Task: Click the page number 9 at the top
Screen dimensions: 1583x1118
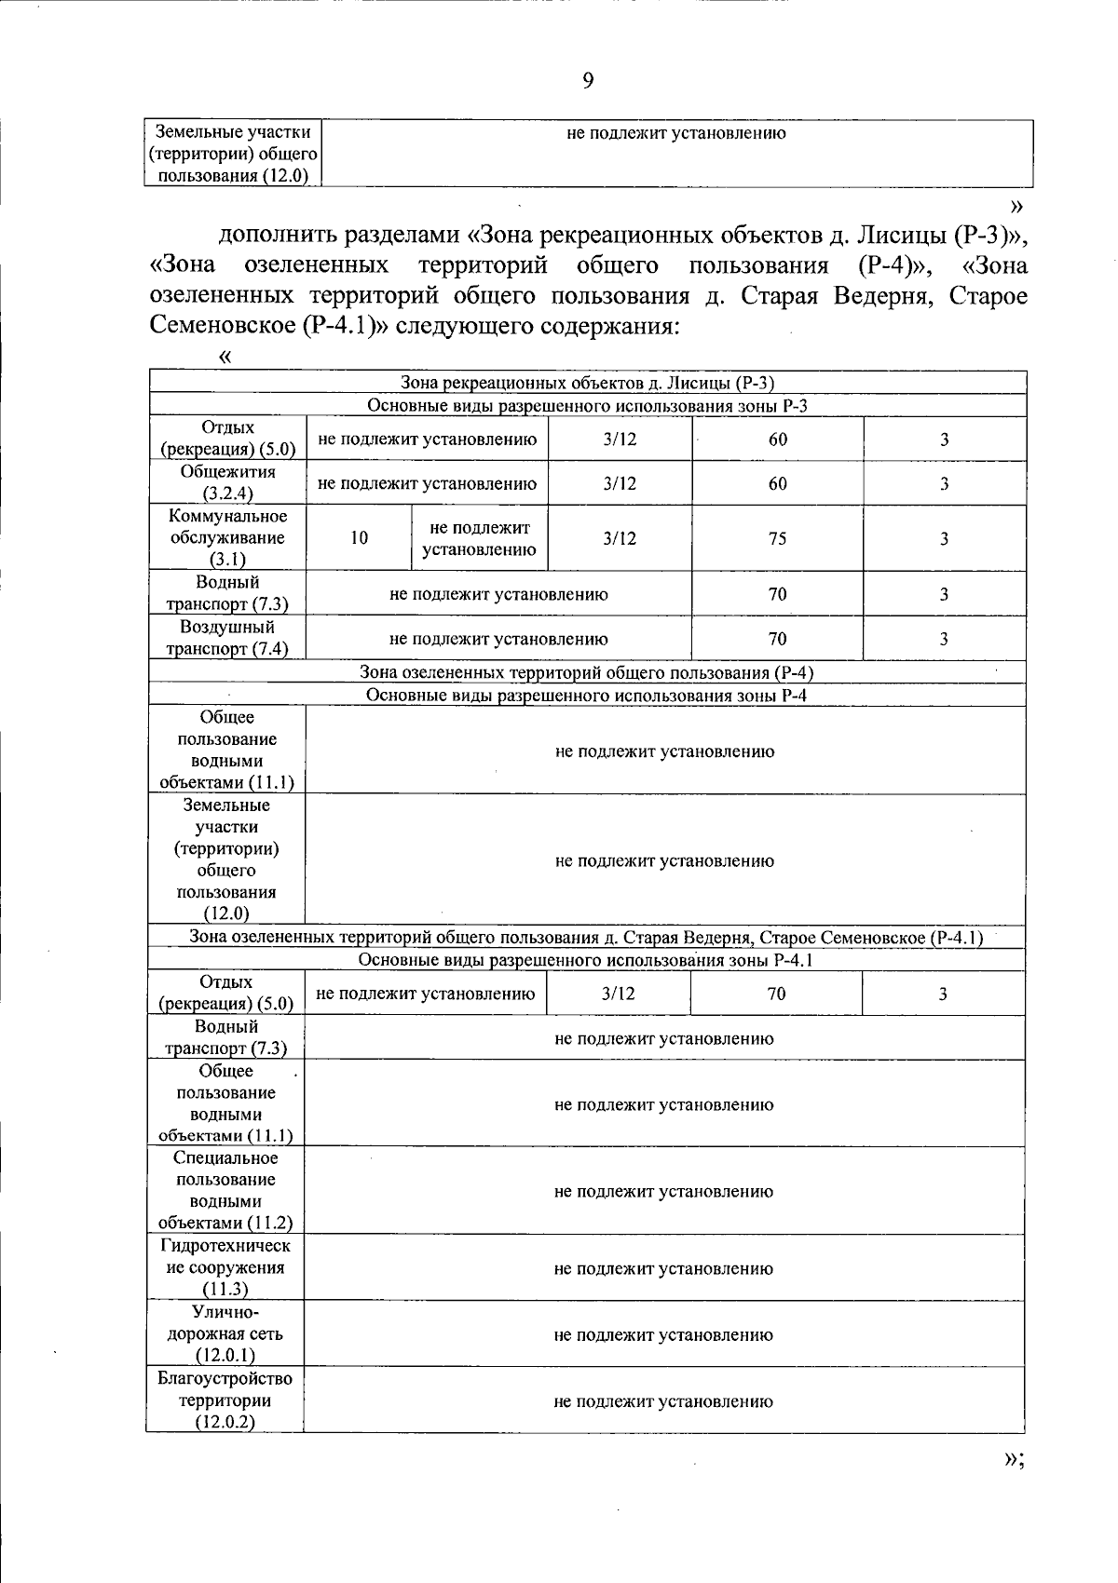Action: tap(588, 81)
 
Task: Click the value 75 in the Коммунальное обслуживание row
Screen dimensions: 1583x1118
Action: tap(777, 538)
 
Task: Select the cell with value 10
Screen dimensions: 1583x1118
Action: tap(359, 538)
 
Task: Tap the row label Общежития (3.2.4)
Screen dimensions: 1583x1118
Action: tap(228, 483)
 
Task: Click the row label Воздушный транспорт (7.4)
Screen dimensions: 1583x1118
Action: tap(227, 638)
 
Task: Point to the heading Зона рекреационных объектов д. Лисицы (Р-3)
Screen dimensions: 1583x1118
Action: tap(587, 383)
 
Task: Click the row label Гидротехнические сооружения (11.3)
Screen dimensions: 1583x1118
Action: tap(226, 1267)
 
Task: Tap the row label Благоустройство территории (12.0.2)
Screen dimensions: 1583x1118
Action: tap(225, 1400)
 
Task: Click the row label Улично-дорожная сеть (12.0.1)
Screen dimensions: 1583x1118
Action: tap(225, 1333)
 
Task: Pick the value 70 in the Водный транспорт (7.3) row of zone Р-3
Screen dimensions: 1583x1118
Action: tap(777, 594)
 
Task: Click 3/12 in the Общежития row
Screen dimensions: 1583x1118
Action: tap(620, 483)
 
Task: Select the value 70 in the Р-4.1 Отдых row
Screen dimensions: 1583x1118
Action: tap(776, 994)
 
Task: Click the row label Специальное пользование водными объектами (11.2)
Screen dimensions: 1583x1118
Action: tap(225, 1190)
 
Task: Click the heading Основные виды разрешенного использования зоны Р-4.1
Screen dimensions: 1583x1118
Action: tap(586, 960)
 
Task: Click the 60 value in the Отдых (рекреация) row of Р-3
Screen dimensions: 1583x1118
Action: tap(777, 440)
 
